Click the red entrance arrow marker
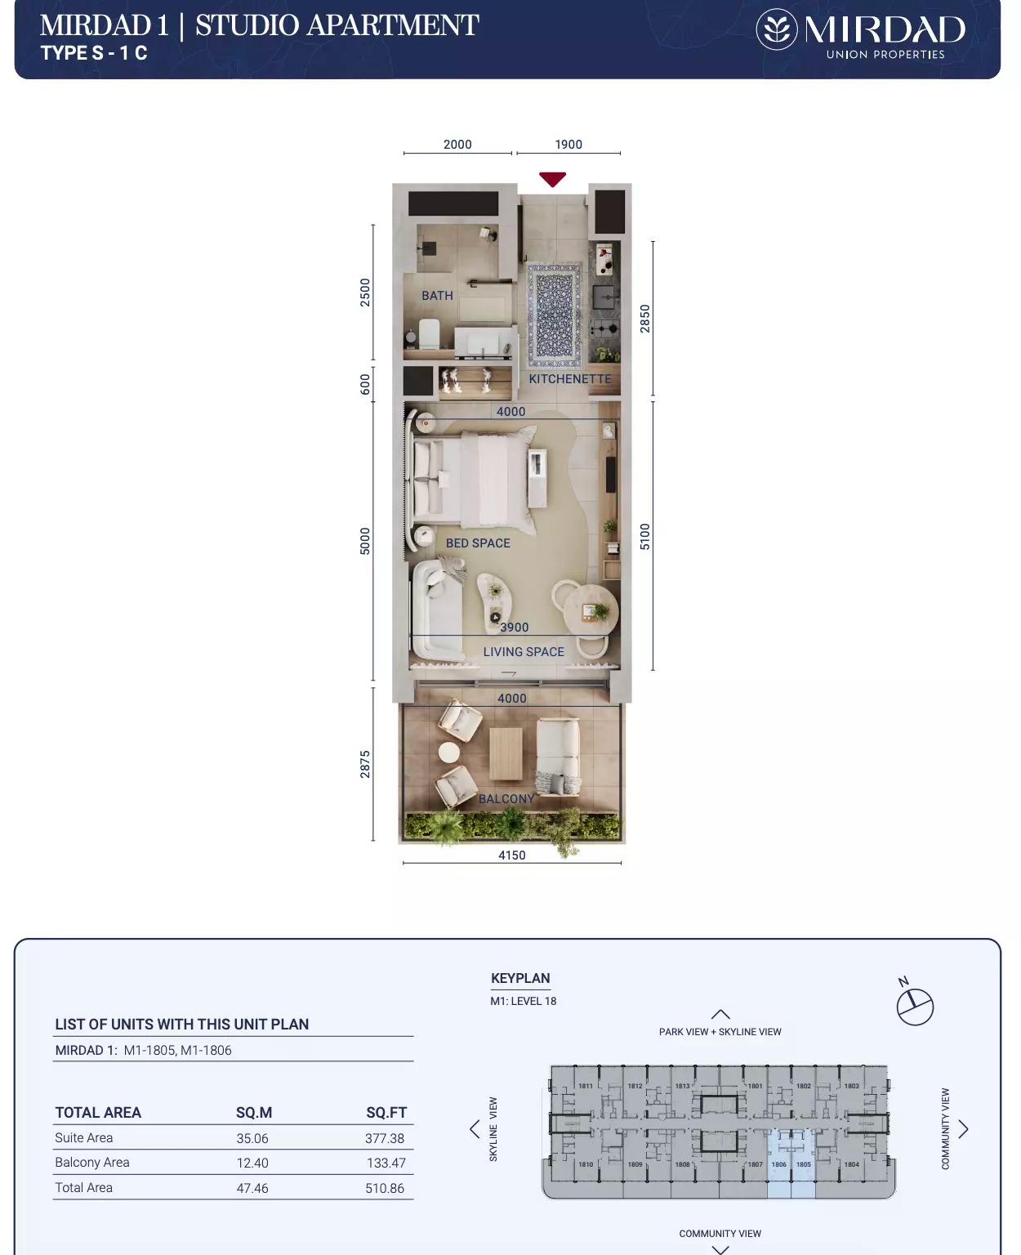pos(552,179)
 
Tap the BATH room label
pos(437,296)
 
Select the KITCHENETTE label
pos(569,379)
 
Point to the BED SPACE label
pos(478,543)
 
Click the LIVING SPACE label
pos(524,652)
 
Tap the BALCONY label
pos(506,799)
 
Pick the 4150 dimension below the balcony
pos(512,855)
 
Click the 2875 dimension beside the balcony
pos(365,764)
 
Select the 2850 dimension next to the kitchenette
pos(645,318)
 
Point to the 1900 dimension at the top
pos(568,145)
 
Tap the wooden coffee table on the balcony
pos(506,753)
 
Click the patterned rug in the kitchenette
pos(554,315)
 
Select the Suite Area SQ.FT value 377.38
pos(385,1138)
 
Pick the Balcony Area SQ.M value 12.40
pos(252,1163)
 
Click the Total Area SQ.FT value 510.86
pos(385,1188)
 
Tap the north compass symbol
pos(915,1006)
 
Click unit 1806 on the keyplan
pos(779,1164)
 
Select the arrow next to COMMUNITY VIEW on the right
pos(964,1129)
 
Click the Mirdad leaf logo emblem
pos(776,30)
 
